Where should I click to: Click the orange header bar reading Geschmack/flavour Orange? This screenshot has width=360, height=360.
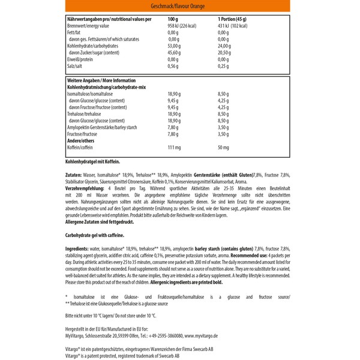coord(179,7)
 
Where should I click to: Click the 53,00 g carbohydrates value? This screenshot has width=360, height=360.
coord(175,46)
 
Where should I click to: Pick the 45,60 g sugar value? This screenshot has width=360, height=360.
coord(175,53)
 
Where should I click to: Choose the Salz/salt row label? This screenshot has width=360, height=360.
coord(77,67)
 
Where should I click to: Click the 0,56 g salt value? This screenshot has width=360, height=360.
coord(173,67)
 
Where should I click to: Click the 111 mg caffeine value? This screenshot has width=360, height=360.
coord(174,148)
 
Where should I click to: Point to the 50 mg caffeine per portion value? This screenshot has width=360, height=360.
coord(223,148)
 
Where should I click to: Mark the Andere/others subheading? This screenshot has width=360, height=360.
coord(82,141)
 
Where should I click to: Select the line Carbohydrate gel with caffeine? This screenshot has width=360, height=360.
coord(97,236)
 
